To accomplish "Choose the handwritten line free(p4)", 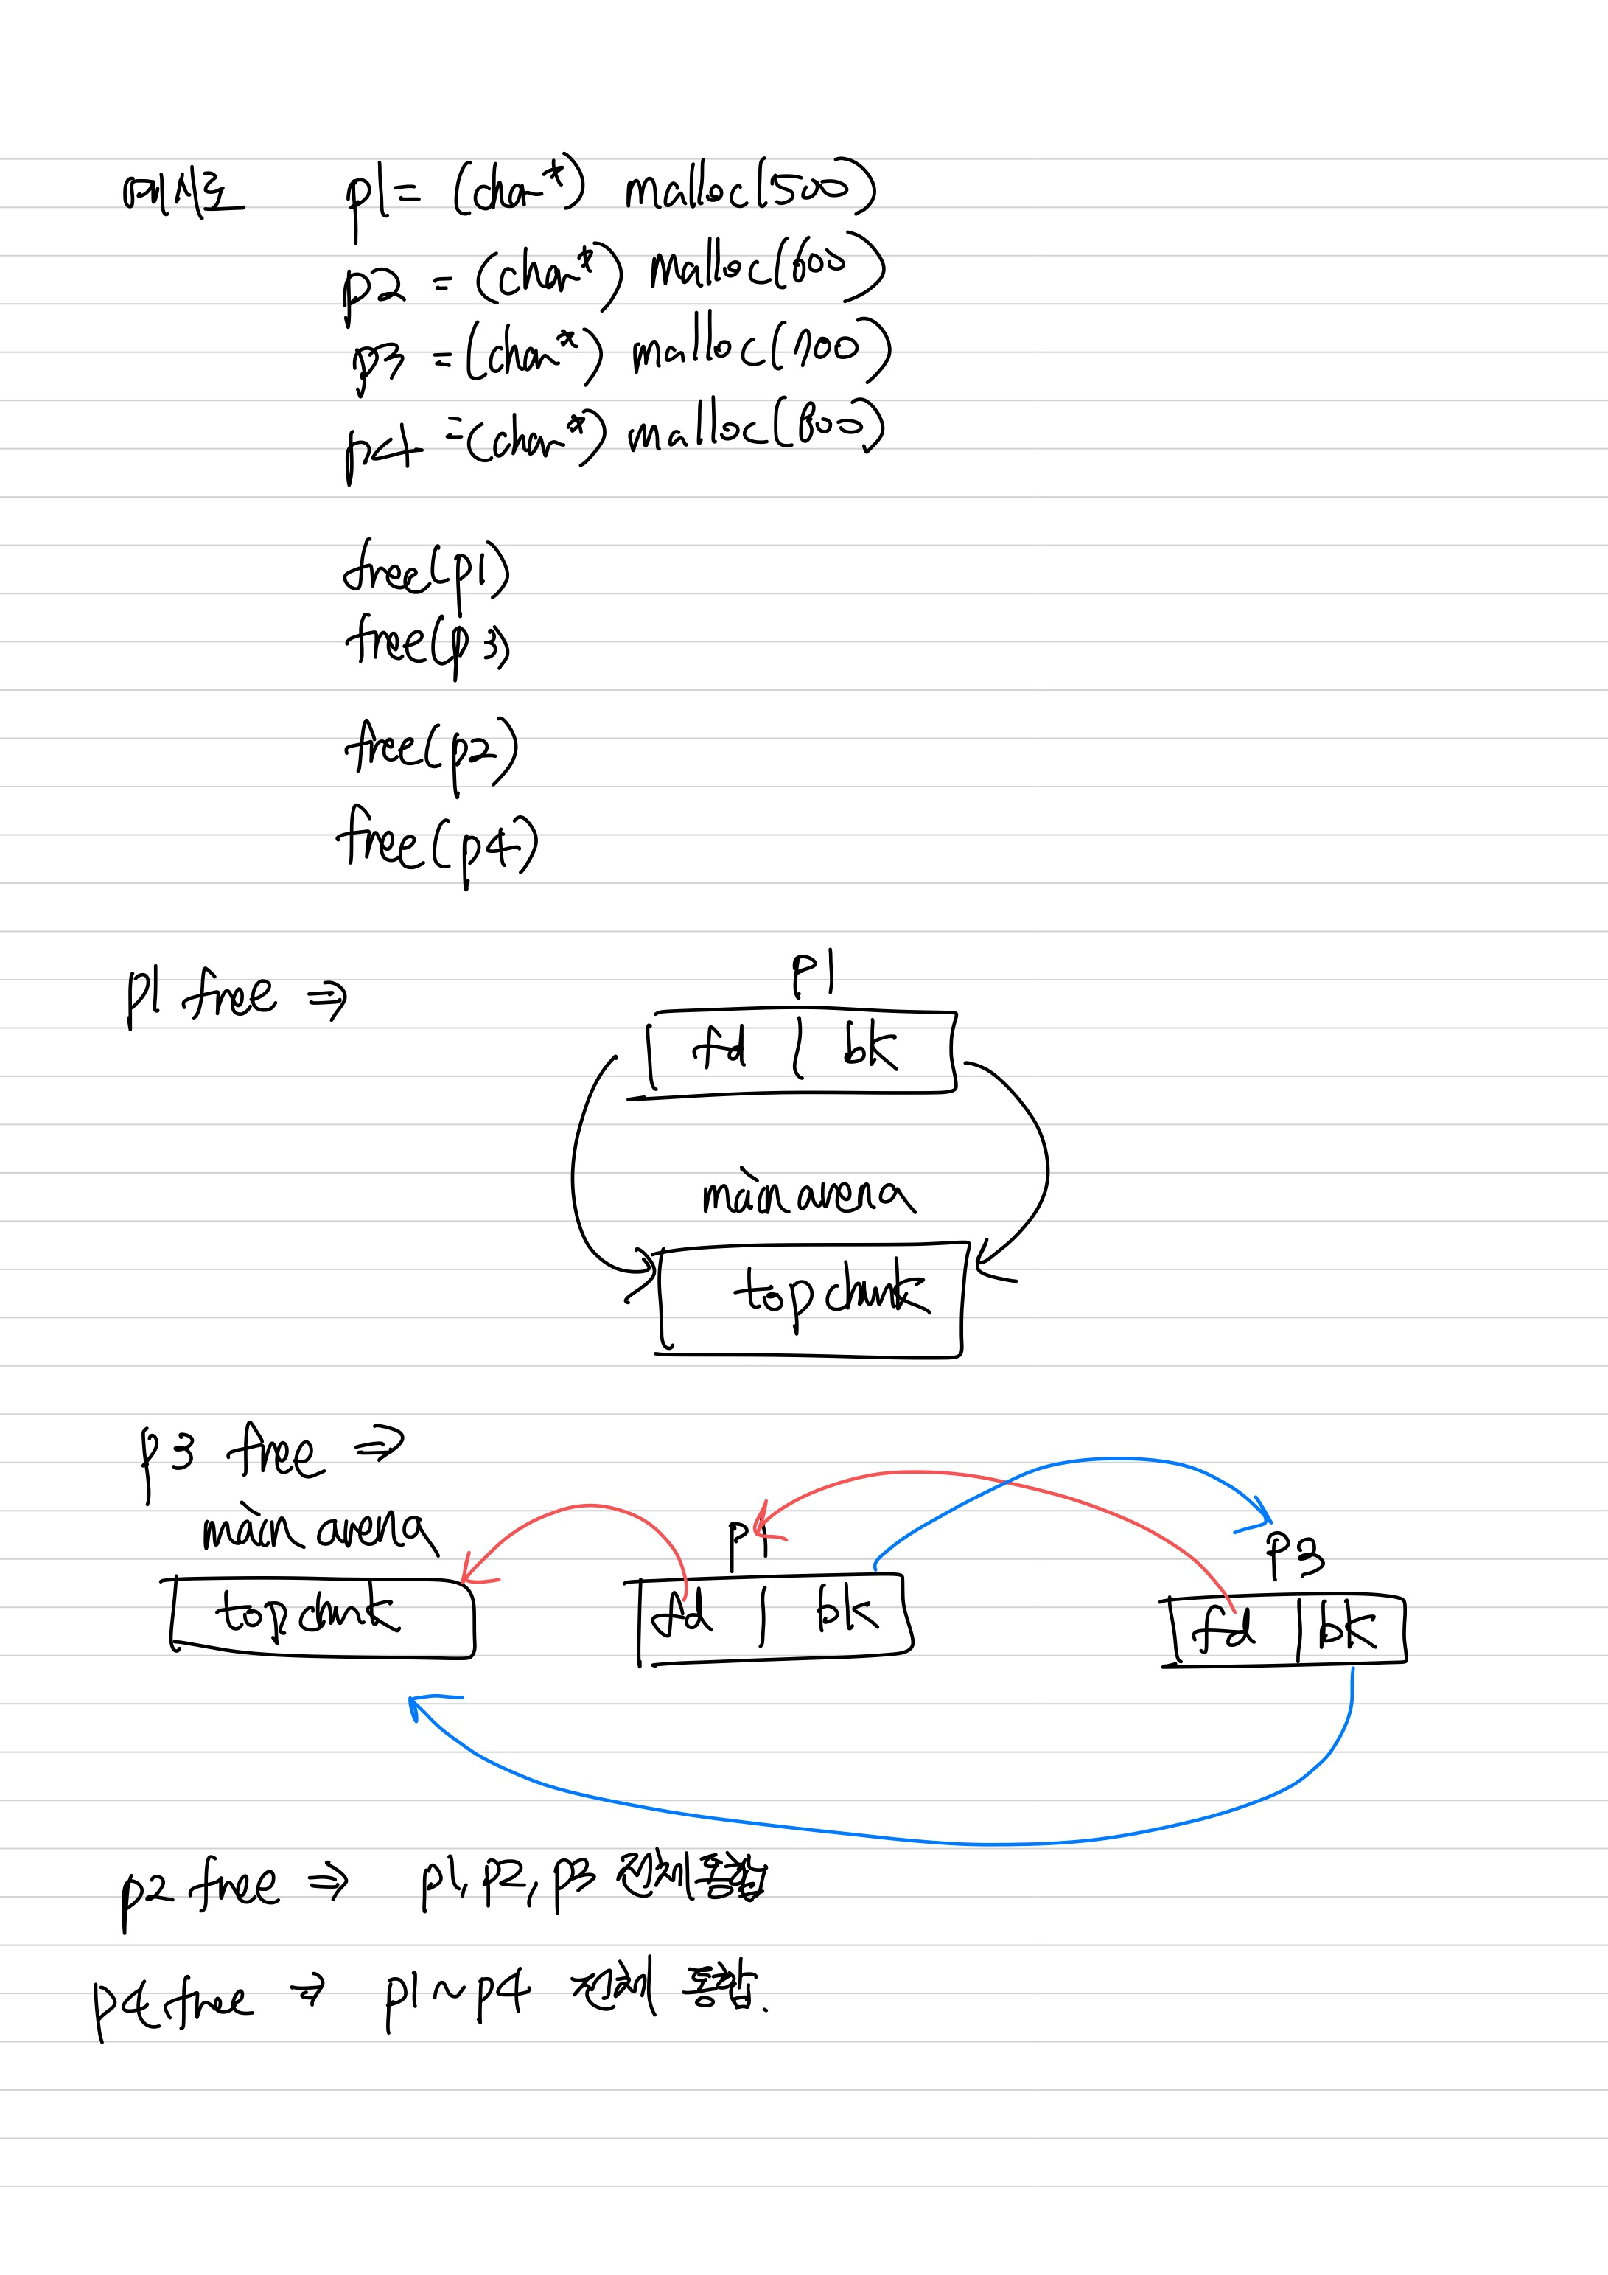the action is pos(437,844).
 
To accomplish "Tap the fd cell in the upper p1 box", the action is pos(720,1048).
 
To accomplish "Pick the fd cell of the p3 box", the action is pos(1226,1630).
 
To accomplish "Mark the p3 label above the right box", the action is pos(1294,1555).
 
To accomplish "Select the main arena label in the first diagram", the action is pos(808,1195).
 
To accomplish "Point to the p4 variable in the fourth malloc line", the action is pos(382,448).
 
